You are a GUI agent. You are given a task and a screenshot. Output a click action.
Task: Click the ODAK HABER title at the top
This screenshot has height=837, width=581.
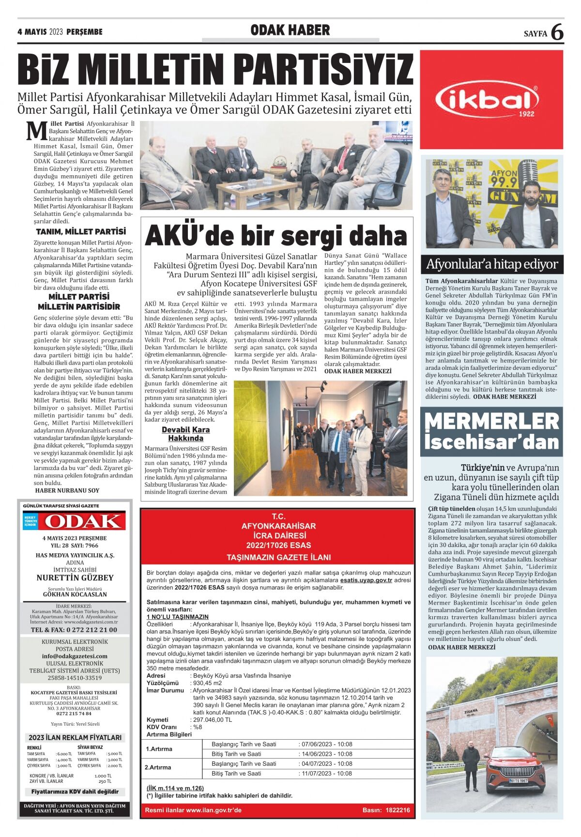[x=290, y=30]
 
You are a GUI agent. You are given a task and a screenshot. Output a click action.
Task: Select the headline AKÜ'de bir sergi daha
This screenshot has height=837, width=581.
[x=276, y=236]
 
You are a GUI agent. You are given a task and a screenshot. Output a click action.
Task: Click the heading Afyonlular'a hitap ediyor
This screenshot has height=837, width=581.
[x=491, y=264]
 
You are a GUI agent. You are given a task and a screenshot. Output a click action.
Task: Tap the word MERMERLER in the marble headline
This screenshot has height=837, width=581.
[x=491, y=421]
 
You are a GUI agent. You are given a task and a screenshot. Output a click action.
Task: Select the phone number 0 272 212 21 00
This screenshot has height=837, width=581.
[x=74, y=630]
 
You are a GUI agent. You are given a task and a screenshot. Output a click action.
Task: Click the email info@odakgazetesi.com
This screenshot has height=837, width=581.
[x=74, y=656]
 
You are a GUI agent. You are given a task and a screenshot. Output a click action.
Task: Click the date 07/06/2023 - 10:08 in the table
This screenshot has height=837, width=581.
[x=326, y=744]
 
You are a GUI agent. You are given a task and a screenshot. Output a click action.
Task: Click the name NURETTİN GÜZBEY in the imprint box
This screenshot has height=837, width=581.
[x=75, y=578]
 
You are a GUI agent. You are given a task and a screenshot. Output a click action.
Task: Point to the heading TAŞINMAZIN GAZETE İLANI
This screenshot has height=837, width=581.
[x=278, y=558]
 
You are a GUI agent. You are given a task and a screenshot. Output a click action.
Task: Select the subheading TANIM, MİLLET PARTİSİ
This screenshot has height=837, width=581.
[x=81, y=231]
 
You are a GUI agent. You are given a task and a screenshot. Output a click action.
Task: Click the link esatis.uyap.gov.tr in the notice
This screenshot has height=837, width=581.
[x=366, y=580]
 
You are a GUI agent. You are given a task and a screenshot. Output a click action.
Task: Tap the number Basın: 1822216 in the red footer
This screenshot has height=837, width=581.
[x=386, y=810]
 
